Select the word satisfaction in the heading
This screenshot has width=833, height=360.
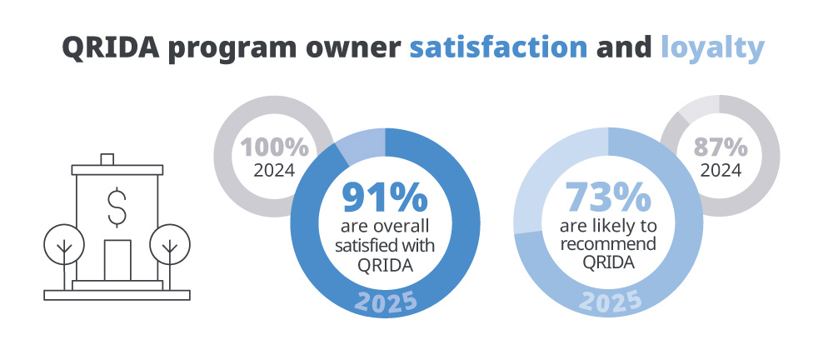[x=498, y=47]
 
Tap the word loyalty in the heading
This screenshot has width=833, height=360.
[x=712, y=47]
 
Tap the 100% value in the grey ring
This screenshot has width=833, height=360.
[x=274, y=148]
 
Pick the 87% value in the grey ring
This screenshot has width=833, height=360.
[x=721, y=147]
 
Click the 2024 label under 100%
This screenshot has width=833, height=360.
[x=274, y=172]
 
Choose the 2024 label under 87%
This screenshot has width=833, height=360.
[x=721, y=171]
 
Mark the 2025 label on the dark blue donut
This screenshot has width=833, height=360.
[x=385, y=302]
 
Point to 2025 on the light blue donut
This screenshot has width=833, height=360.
[x=610, y=302]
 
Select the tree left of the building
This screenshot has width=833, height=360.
[x=63, y=245]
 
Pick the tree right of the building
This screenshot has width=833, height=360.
[x=170, y=245]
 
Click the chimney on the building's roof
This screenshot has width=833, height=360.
[x=106, y=158]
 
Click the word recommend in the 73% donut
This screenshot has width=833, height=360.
[x=608, y=245]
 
